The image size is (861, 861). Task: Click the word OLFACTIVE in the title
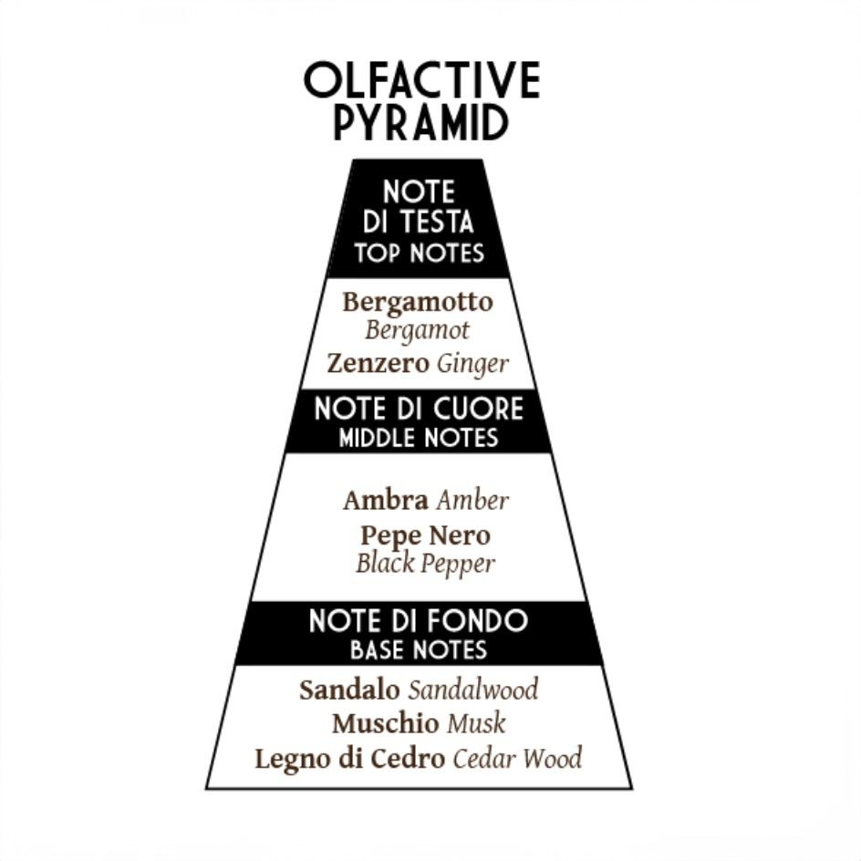421,81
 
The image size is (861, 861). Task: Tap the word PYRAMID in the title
420,122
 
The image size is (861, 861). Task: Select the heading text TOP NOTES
419,253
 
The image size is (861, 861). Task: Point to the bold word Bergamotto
418,302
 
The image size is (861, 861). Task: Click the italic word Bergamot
417,329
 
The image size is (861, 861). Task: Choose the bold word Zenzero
378,364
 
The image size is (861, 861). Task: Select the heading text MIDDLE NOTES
419,438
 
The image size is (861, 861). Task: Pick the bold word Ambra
385,500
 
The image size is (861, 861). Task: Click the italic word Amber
472,500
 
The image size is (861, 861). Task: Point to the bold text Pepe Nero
425,534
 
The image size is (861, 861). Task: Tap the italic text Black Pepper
425,563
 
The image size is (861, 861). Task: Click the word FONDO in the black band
481,621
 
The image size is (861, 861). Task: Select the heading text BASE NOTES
419,650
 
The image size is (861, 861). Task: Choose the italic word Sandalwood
472,690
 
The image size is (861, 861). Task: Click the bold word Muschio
385,724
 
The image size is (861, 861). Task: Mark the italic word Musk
476,724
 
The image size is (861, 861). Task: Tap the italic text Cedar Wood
517,759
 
